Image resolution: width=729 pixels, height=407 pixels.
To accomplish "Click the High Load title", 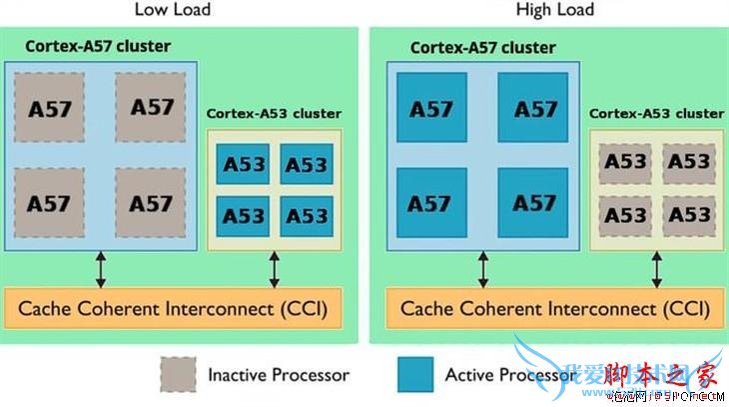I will [554, 10].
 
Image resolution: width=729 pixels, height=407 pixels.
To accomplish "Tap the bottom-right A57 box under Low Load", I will [152, 203].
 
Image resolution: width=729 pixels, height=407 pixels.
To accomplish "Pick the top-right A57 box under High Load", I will [534, 108].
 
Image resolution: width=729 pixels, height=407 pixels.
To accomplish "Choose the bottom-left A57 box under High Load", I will [431, 202].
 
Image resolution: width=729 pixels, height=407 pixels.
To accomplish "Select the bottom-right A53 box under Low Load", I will [305, 215].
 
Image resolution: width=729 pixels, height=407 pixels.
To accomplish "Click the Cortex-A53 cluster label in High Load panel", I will [656, 114].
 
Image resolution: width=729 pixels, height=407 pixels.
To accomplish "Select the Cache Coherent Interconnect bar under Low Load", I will [174, 307].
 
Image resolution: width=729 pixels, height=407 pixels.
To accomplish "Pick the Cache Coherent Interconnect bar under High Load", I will [554, 307].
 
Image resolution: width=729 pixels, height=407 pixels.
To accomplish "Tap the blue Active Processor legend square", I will [414, 375].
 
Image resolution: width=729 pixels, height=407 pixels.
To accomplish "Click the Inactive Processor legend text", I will [278, 375].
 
